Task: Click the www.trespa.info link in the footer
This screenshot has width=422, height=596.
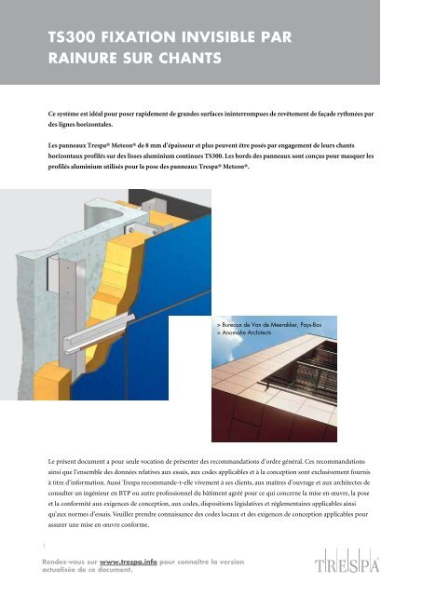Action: coord(129,562)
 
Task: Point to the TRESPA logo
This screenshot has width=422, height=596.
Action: coord(347,562)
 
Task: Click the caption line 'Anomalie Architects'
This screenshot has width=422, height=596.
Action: coord(244,332)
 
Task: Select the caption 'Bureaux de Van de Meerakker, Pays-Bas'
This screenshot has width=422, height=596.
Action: coord(269,325)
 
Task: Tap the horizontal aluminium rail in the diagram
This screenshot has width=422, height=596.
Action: coord(99,333)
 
